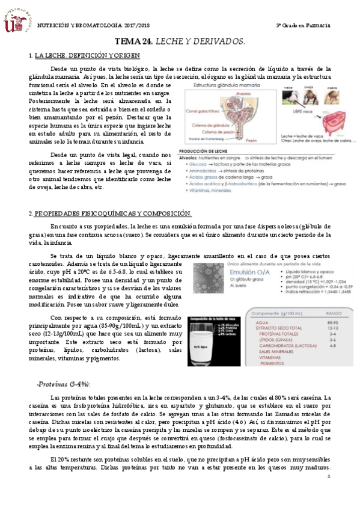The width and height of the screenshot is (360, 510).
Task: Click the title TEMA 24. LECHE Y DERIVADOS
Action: coord(180,41)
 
